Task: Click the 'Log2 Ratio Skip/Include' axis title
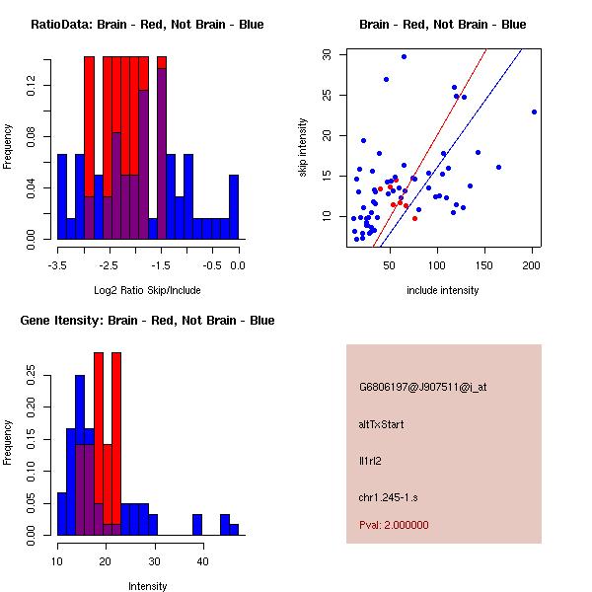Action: (x=146, y=290)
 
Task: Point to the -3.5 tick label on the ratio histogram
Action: (x=58, y=264)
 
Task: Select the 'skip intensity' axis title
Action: (x=304, y=148)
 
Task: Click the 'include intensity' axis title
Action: (x=442, y=290)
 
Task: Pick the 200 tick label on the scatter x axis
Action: (x=533, y=264)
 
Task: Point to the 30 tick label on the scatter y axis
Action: (x=327, y=55)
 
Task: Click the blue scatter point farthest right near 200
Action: (x=534, y=111)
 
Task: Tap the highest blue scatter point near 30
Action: (x=404, y=56)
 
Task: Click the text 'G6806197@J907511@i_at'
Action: (x=422, y=387)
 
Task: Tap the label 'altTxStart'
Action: (x=382, y=424)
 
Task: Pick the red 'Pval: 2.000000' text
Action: (x=394, y=525)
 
